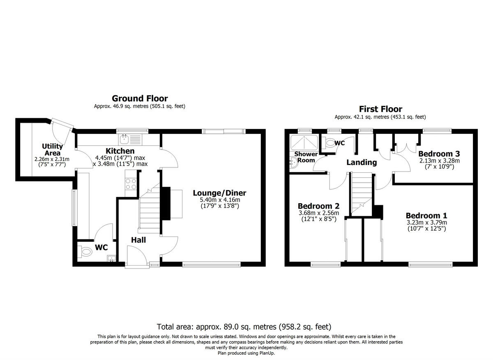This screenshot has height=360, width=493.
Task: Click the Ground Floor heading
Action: (140, 99)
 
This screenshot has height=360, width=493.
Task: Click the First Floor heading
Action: (380, 109)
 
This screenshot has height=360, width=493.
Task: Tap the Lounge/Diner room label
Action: (219, 193)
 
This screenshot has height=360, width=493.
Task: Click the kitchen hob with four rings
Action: (131, 184)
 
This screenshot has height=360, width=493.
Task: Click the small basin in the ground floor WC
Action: (111, 259)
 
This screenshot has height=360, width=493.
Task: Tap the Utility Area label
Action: (52, 149)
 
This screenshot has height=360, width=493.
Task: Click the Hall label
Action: (138, 240)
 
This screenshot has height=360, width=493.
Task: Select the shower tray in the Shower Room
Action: (304, 142)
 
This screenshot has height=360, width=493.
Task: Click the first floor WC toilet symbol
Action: (329, 143)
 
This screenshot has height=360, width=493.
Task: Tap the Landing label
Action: (362, 162)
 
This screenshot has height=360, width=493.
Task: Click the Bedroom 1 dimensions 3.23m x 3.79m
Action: (426, 222)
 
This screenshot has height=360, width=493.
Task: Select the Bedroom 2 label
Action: (318, 206)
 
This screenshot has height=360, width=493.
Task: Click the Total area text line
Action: (244, 327)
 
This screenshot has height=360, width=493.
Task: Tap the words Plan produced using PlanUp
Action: (246, 353)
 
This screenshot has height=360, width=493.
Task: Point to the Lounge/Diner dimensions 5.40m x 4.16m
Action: (219, 200)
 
